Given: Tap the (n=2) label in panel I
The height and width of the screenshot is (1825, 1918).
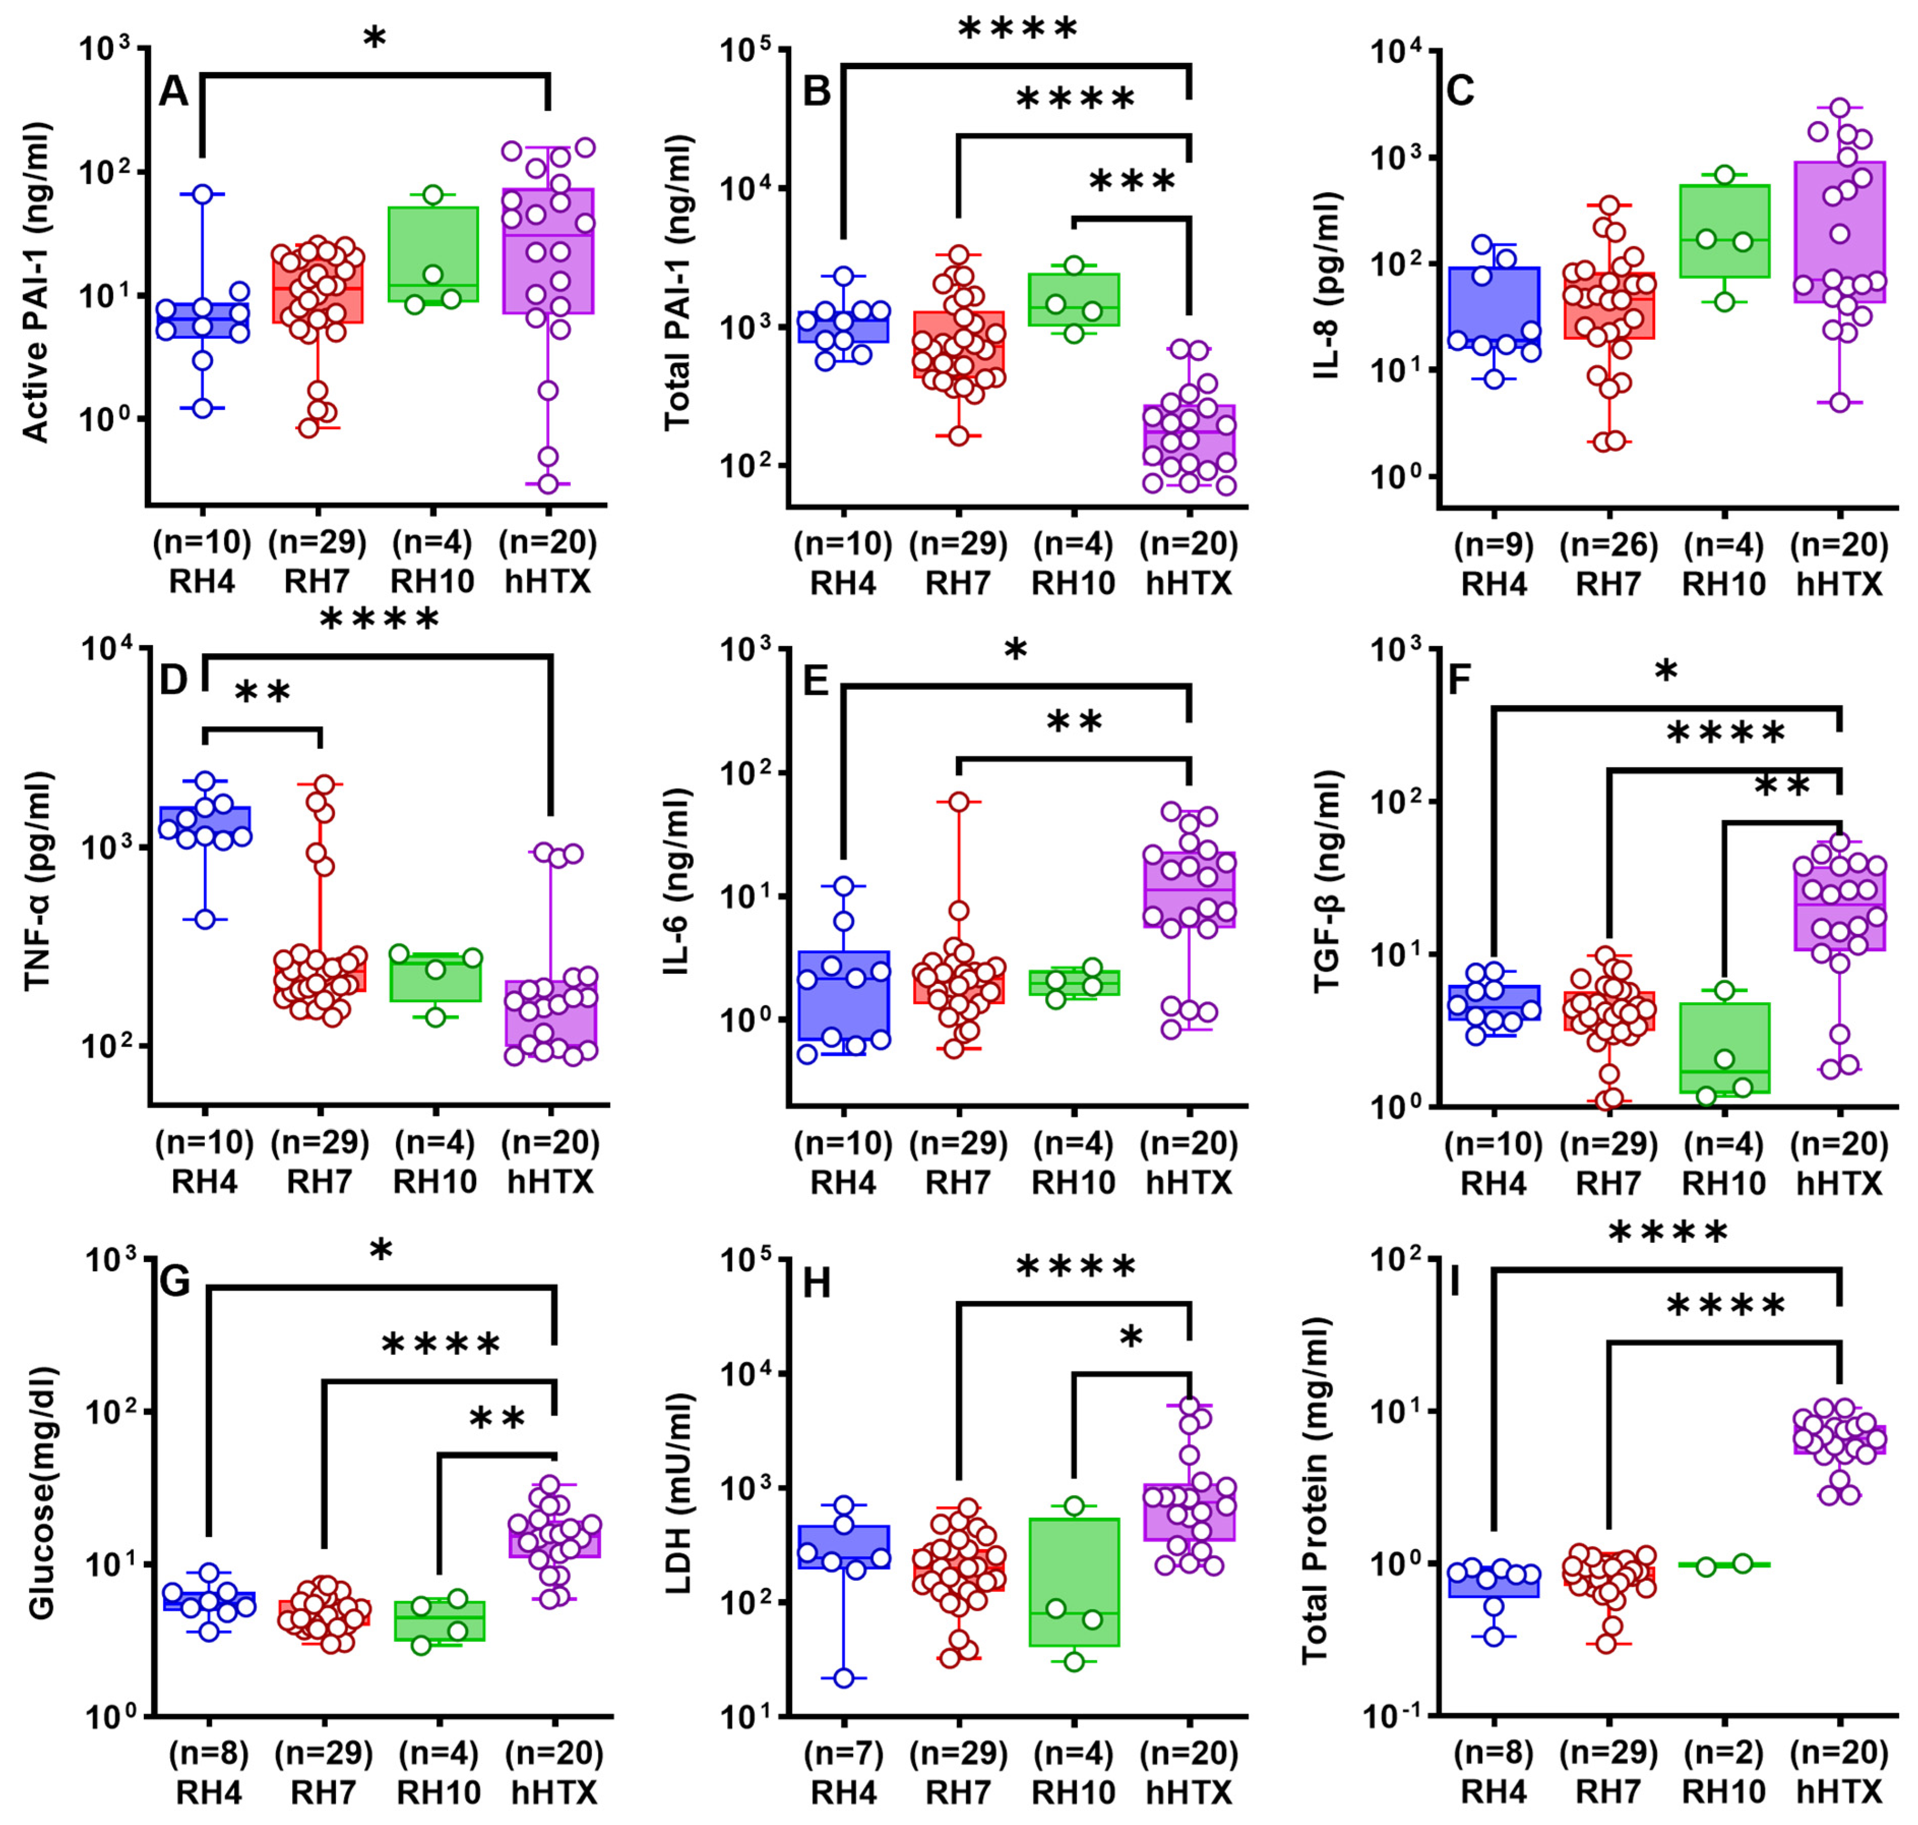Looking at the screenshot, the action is pyautogui.click(x=1723, y=1753).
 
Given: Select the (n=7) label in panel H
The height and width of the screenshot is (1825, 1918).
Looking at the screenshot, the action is pyautogui.click(x=844, y=1753).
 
